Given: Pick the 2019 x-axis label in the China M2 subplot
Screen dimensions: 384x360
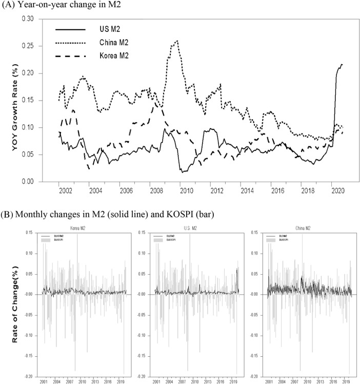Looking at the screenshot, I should (x=351, y=382).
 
